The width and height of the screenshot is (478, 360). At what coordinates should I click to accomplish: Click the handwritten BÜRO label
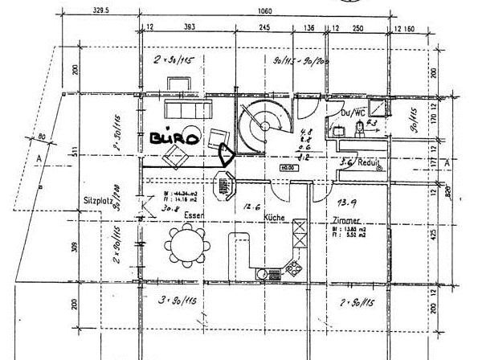point(174,138)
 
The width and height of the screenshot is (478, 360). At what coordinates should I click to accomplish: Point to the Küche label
point(275,218)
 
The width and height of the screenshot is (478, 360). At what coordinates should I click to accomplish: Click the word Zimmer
point(346,219)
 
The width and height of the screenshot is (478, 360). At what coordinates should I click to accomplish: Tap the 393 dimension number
point(190,28)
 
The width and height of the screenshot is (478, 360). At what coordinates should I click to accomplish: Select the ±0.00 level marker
point(285,167)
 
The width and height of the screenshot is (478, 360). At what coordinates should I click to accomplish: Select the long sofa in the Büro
point(186,108)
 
